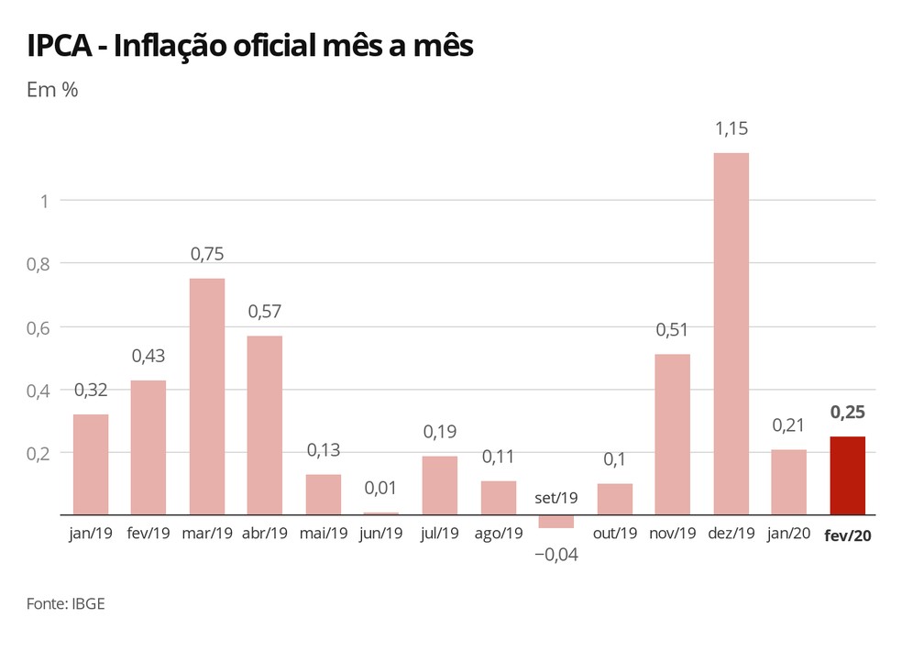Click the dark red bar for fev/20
(x=847, y=476)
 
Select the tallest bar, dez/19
(x=731, y=334)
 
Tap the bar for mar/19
(x=206, y=396)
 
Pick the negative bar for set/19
(x=555, y=522)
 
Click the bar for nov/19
(x=672, y=435)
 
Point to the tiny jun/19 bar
(x=381, y=513)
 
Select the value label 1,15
(x=731, y=129)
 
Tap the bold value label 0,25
(x=847, y=413)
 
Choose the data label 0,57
(x=264, y=312)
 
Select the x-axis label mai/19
(x=323, y=533)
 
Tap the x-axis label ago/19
(x=498, y=533)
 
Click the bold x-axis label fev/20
(x=847, y=534)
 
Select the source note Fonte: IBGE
(x=60, y=603)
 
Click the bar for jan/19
(x=91, y=465)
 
